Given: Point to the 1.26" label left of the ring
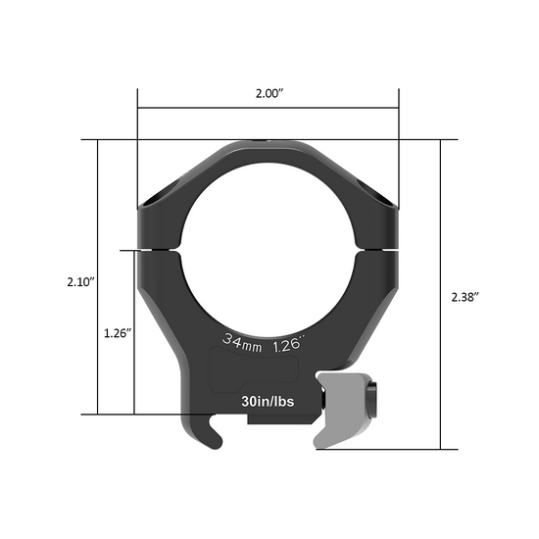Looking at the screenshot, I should coord(118,331).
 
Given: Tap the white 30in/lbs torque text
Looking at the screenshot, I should coord(268,401).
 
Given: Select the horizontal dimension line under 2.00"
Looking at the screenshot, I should coord(269,109).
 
